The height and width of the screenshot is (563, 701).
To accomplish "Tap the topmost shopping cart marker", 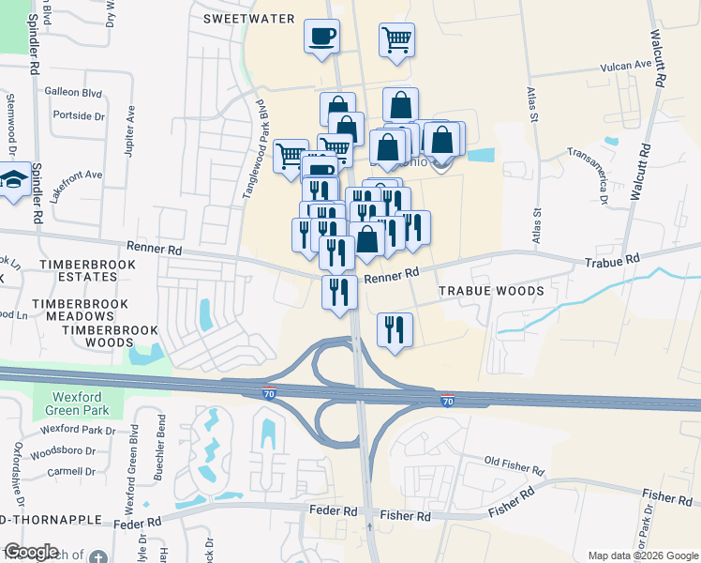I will click(x=397, y=40).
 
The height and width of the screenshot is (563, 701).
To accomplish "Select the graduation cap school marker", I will click(x=15, y=181).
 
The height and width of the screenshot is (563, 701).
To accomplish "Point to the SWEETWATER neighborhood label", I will click(x=249, y=19).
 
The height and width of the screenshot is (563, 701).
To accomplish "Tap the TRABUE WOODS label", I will click(x=491, y=291).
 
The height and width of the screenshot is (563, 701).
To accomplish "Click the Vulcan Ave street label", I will click(x=625, y=65).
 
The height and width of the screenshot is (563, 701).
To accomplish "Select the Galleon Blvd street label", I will click(x=73, y=92).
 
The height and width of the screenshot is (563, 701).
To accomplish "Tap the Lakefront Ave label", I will click(x=75, y=175).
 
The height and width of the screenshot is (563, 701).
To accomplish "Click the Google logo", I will click(x=31, y=551).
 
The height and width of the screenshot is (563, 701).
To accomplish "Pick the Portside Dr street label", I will click(x=80, y=115).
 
